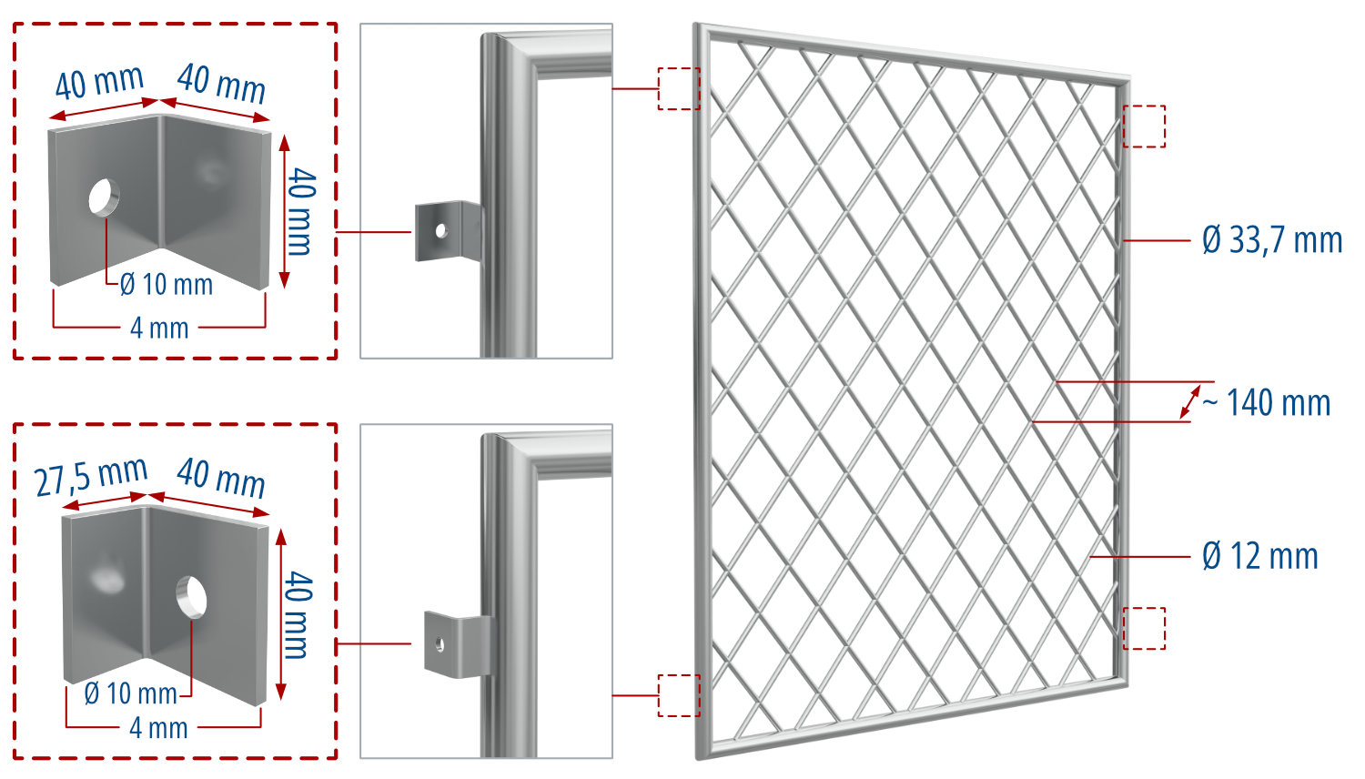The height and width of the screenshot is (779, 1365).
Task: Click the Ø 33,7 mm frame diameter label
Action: point(1271,240)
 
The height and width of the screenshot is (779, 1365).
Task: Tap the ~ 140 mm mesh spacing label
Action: point(1269,402)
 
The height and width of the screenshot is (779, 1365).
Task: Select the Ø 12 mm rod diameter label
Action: point(1259,556)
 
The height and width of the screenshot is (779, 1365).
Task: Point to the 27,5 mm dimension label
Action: point(91,476)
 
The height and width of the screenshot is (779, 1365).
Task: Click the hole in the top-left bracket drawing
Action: point(103,197)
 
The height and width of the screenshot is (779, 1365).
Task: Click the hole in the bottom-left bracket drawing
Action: point(191,595)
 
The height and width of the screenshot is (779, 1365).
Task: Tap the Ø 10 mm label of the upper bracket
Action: point(167,285)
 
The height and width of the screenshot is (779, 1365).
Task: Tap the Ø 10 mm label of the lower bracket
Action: point(130,693)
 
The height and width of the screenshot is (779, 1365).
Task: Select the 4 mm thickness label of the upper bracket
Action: point(159,328)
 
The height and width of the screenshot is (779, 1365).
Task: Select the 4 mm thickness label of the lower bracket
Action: point(158,728)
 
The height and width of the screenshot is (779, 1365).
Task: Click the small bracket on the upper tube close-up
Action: point(446,231)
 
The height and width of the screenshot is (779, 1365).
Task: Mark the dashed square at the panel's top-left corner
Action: point(679,88)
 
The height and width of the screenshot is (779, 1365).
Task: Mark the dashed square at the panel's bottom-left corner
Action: point(679,695)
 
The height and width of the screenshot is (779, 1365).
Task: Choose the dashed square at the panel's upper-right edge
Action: point(1144,126)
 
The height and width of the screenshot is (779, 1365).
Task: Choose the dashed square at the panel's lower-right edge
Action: point(1144,628)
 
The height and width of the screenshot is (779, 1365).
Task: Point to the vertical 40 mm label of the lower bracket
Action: point(298,615)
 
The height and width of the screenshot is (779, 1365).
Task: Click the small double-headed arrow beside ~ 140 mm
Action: point(1189,401)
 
